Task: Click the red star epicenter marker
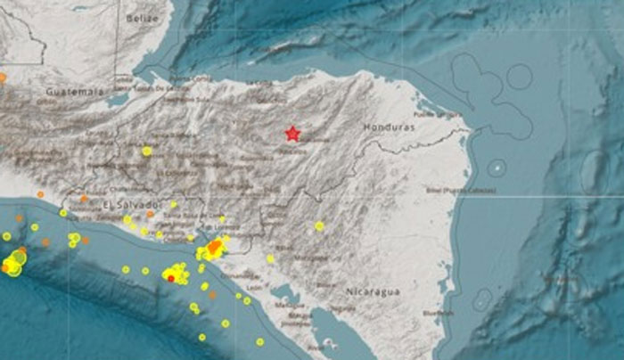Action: pyautogui.click(x=292, y=134)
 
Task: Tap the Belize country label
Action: pyautogui.click(x=142, y=17)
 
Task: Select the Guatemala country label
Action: pyautogui.click(x=74, y=91)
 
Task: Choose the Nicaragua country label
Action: pyautogui.click(x=374, y=291)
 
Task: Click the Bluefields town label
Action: pyautogui.click(x=439, y=313)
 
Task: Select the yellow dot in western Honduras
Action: pyautogui.click(x=146, y=151)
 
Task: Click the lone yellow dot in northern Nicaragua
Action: pyautogui.click(x=319, y=225)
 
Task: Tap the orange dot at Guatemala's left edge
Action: pyautogui.click(x=3, y=77)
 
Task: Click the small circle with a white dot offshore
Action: pyautogui.click(x=497, y=167)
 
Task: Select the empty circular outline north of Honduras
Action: pyautogui.click(x=520, y=76)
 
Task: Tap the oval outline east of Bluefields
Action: pyautogui.click(x=482, y=299)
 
